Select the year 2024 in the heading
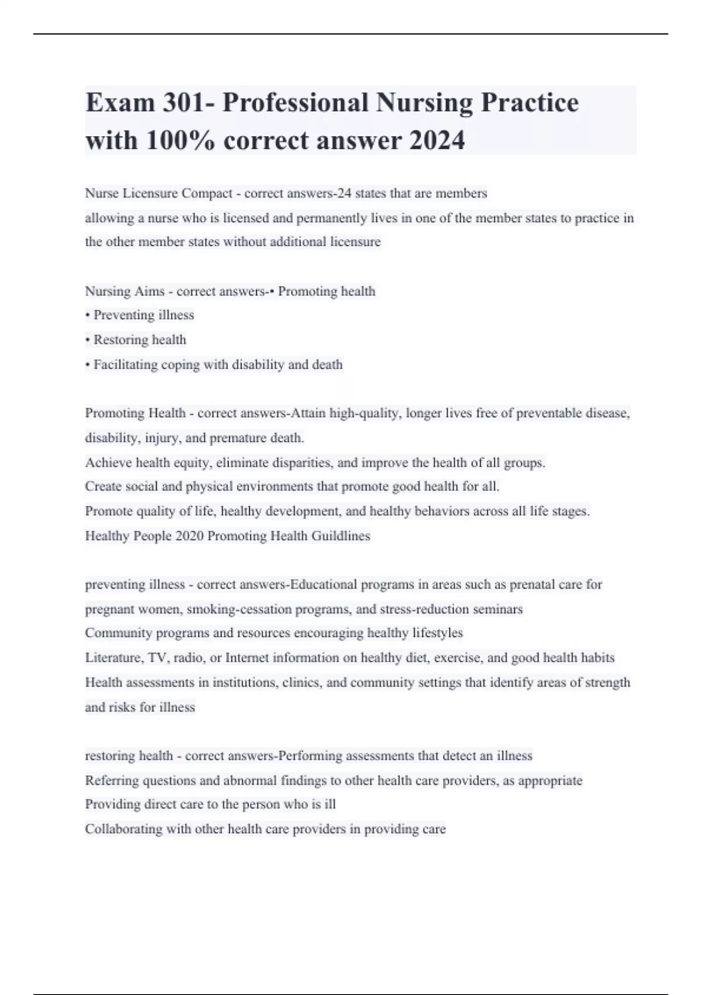pos(437,140)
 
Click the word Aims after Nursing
pos(149,291)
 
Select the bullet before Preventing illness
pos(88,315)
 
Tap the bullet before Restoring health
pos(88,340)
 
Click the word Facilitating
pos(126,365)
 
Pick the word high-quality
pos(364,413)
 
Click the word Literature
pos(113,658)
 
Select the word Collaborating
pos(123,829)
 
